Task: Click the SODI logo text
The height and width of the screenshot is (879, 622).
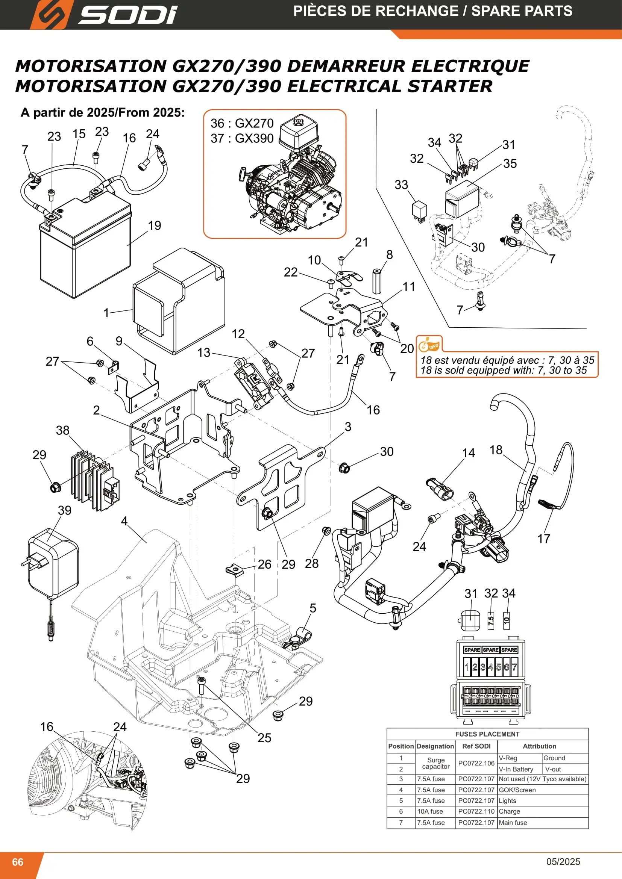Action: click(128, 15)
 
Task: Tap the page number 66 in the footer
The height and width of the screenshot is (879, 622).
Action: click(18, 862)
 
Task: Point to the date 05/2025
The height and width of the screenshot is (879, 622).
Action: click(563, 861)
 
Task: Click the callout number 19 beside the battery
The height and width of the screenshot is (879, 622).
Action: click(154, 225)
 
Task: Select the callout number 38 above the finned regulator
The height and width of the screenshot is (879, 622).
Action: click(63, 430)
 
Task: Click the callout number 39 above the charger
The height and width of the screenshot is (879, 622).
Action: click(65, 510)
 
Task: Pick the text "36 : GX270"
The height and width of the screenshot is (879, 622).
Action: click(242, 123)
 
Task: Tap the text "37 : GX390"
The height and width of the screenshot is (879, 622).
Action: click(242, 138)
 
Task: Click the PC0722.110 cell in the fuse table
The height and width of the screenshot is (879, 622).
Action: click(476, 811)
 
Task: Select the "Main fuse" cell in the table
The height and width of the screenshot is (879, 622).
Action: click(513, 822)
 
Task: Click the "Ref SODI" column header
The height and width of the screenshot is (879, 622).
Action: click(476, 746)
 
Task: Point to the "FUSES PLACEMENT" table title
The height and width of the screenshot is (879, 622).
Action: click(487, 734)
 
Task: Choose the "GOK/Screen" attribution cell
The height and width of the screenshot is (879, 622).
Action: click(517, 790)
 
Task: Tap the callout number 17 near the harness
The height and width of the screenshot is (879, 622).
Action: click(543, 539)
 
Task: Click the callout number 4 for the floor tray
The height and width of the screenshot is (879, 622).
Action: click(124, 520)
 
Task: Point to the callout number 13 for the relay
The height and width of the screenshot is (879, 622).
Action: click(204, 352)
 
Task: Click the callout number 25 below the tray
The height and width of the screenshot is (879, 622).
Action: click(264, 738)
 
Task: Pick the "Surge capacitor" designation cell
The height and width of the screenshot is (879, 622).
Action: click(435, 763)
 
